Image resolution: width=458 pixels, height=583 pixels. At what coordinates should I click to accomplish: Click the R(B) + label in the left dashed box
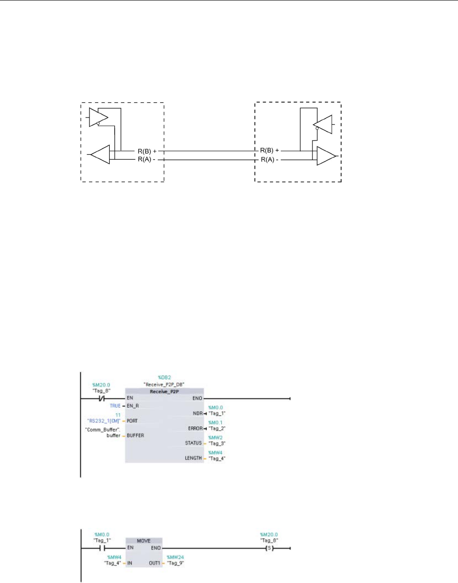147,151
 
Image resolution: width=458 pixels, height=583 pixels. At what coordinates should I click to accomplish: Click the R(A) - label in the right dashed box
270,160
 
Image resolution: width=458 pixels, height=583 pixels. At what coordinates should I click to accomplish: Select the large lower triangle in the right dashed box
326,156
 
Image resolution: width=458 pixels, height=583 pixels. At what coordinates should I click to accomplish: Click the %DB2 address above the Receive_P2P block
164,377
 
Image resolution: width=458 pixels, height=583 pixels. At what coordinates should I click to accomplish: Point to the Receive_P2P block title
164,392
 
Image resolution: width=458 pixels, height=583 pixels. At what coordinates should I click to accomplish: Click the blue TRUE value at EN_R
115,406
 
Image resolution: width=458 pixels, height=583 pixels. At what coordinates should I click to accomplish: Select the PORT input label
132,420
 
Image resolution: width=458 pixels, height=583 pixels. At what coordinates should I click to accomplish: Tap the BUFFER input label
135,435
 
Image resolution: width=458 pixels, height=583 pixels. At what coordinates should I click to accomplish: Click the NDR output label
198,414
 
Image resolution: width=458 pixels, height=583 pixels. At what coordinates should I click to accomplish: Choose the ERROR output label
195,428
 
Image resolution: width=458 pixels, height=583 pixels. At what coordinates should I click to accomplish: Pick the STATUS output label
193,443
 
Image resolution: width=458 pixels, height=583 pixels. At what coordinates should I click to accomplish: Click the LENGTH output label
193,458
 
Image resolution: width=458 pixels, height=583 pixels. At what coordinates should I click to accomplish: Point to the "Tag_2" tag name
217,429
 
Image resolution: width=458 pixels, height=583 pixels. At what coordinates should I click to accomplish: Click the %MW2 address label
215,437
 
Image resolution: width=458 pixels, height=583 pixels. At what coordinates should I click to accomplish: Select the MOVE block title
144,541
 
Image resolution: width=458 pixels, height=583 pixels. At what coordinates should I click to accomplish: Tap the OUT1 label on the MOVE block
154,563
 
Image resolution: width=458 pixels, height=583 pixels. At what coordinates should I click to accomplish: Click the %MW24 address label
175,557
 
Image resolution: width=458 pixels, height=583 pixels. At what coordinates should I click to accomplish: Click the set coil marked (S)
269,548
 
